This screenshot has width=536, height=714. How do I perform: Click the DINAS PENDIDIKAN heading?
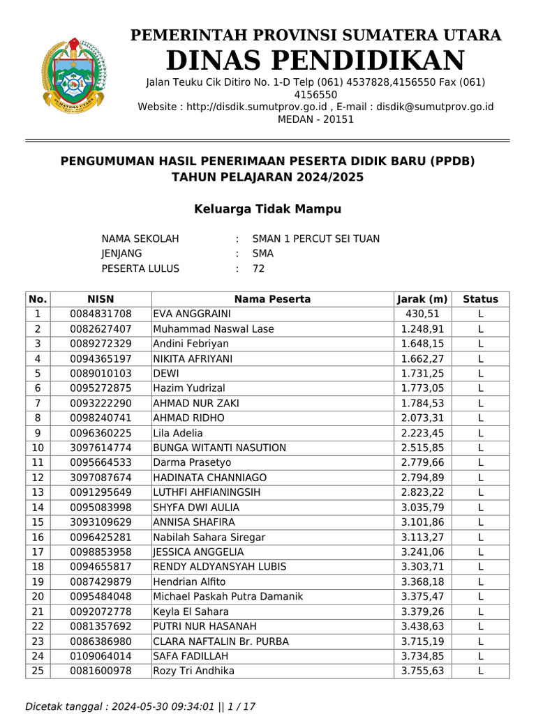coord(315,61)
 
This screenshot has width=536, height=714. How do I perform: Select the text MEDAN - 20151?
coord(315,119)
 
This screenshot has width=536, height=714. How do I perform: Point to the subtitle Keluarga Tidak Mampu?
coord(267,209)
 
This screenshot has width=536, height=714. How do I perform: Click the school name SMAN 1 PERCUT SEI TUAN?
coord(315,238)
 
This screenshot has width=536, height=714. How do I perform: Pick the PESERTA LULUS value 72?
coord(258,268)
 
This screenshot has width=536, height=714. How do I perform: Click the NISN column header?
coord(100,299)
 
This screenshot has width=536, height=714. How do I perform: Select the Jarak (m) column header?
coord(422,299)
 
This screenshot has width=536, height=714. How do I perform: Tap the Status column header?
coord(480,299)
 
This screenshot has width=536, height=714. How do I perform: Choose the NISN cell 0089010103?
coord(100,373)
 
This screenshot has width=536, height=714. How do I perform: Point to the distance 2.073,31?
coord(422,418)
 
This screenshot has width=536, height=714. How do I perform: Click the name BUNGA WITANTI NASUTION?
coord(219,448)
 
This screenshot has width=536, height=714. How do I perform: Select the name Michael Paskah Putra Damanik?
coord(228,596)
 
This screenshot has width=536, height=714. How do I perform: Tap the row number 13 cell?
coord(38,492)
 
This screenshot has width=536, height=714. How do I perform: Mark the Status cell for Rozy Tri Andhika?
coord(480,671)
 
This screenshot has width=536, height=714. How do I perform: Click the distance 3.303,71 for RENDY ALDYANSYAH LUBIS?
coord(422,566)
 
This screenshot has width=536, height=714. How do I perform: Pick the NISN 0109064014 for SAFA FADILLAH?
coord(100,655)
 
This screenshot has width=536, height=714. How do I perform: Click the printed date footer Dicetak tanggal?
coord(140,706)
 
